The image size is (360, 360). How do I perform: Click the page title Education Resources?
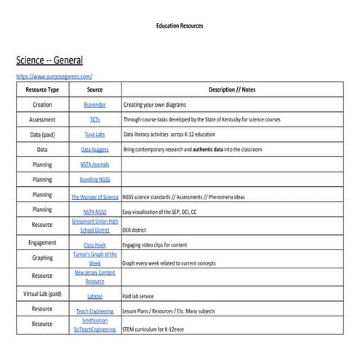[180, 25]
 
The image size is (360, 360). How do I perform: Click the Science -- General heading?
[49, 60]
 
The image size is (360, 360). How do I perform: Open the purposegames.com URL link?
[54, 76]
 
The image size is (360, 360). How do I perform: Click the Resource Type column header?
[42, 90]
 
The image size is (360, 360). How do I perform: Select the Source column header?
[95, 90]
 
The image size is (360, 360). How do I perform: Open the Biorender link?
[95, 105]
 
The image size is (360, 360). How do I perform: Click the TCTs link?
[95, 119]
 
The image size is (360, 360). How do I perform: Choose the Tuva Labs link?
[95, 135]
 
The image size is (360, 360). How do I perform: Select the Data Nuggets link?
[95, 149]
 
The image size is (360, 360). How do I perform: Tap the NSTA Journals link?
[95, 164]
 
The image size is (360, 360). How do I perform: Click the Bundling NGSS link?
[95, 179]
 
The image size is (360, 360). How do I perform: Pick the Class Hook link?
[95, 245]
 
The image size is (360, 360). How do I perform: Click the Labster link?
[95, 296]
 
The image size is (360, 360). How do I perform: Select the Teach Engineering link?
[95, 311]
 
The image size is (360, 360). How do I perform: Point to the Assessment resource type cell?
[42, 119]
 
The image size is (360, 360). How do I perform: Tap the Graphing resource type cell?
[42, 258]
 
